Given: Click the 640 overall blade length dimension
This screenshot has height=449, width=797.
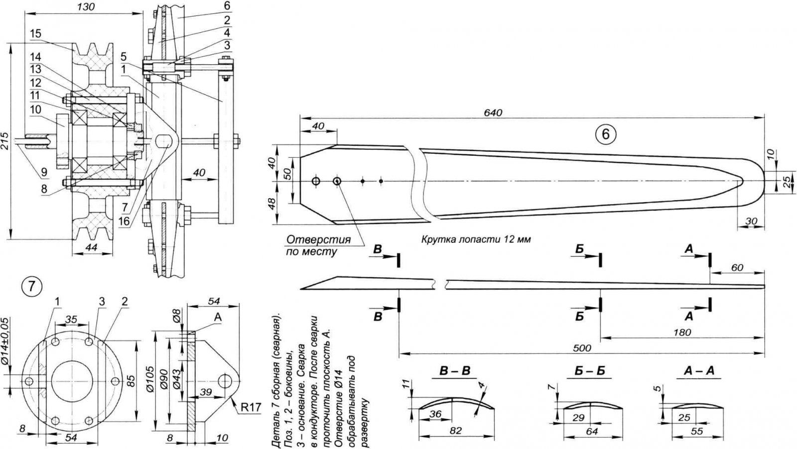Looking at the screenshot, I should point(493,113).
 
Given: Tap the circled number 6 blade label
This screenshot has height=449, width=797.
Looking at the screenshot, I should point(605,134).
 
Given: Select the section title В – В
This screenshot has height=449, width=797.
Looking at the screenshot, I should point(455,371).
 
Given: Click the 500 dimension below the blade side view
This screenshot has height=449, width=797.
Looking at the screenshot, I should point(582,348).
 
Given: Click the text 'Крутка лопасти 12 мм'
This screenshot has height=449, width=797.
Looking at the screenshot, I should point(476,239).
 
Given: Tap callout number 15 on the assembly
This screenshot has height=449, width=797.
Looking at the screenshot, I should point(35,33).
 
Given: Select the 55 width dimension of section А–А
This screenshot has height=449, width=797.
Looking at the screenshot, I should point(697,432).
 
